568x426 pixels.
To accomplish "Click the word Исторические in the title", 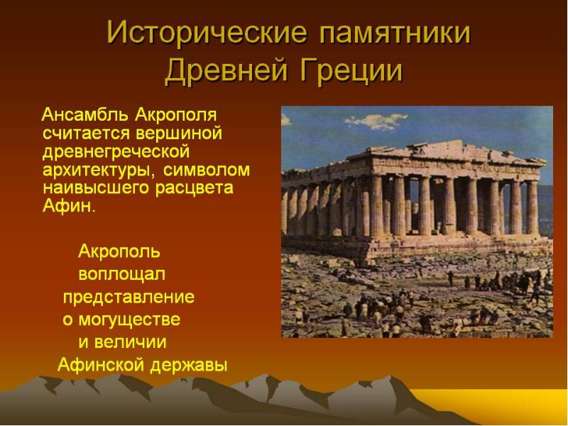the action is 207,33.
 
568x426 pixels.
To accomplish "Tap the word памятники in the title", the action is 395,33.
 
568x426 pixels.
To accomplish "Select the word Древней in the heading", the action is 227,70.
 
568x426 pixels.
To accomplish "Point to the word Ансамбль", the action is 85,115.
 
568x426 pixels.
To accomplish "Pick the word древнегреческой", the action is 116,152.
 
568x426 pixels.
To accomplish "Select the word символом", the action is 207,170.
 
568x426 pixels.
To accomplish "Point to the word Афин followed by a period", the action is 69,206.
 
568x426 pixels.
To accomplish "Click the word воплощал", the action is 121,274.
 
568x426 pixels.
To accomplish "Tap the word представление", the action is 129,297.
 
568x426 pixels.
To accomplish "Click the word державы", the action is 189,365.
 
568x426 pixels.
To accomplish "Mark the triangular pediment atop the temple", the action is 456,150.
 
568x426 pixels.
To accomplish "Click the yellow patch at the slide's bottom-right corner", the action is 507,405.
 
